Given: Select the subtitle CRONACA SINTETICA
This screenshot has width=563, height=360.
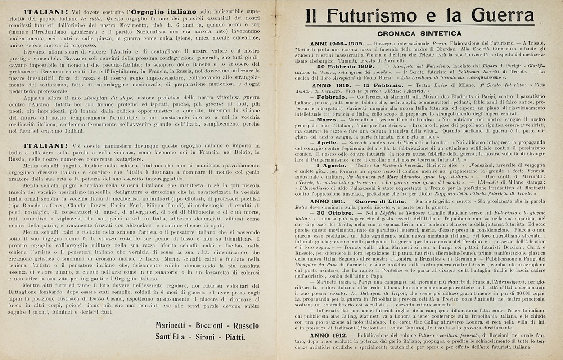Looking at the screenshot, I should [x=419, y=33].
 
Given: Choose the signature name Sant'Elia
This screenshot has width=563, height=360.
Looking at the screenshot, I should [x=172, y=337].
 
